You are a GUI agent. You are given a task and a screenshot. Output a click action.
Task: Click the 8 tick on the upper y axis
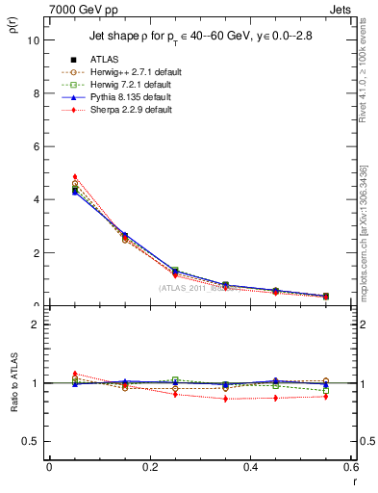36,94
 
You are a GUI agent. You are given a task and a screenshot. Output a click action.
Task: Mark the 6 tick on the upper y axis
36,147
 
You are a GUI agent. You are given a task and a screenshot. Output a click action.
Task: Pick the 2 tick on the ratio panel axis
36,324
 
